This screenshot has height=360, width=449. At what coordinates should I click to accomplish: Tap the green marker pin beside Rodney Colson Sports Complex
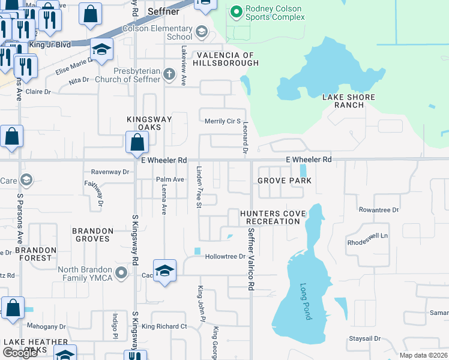coord(236,11)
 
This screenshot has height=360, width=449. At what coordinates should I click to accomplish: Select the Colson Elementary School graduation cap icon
coord(202,31)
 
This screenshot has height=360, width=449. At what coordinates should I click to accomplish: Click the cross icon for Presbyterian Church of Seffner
coord(169,74)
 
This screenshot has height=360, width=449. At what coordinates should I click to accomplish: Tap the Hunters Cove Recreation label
coord(270,217)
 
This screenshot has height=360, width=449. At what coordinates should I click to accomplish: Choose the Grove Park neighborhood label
coord(285,181)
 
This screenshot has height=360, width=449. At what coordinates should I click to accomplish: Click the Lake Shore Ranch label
coord(348,101)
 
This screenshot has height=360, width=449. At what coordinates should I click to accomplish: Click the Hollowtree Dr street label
coord(226,257)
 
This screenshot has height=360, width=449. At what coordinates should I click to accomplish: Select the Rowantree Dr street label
coord(379,210)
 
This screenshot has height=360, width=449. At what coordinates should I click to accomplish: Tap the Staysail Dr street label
coord(364,338)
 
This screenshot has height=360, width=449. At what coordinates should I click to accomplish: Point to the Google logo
coord(20,353)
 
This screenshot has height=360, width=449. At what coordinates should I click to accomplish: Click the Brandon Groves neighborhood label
coord(92,235)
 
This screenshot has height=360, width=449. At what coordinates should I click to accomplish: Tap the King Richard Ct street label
coord(164,326)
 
